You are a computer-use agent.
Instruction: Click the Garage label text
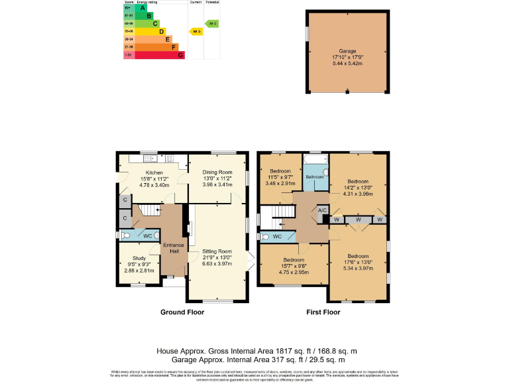coord(348,51)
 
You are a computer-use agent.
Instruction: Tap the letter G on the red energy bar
coord(180,55)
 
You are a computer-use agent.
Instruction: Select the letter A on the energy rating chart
coord(142,8)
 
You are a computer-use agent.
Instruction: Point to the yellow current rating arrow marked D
coord(196,31)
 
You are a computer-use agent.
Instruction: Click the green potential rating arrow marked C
coord(212,24)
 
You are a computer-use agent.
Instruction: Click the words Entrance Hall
coord(174,248)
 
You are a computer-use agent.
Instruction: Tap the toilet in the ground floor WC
coord(125,235)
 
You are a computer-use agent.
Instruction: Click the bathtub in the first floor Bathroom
coord(315,161)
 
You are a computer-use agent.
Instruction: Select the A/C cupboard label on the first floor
coord(323,210)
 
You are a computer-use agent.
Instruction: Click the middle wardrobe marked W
coord(359,220)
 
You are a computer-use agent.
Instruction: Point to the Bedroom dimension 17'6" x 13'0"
coord(358,262)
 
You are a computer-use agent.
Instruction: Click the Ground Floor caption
coord(182,312)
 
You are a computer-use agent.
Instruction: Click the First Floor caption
coord(323,312)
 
